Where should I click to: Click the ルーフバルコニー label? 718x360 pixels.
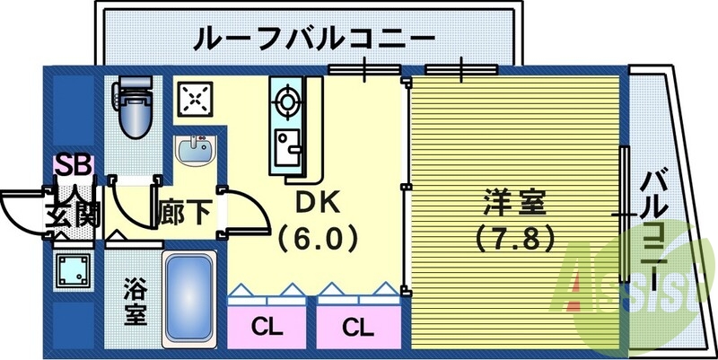point(314,40)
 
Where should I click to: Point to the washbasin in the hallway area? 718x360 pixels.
point(195,150)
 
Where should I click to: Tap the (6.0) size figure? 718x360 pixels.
point(318,240)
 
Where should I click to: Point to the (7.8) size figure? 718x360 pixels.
point(515,240)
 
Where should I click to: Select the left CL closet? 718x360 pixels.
point(263,326)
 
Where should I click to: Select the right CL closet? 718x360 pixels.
point(356,326)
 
